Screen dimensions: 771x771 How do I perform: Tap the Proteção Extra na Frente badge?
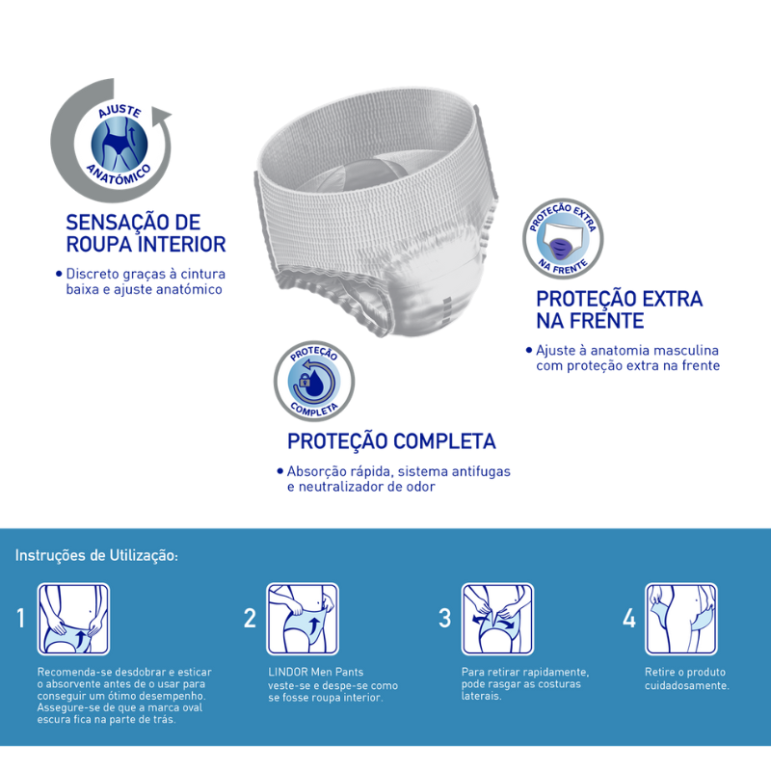[563, 239]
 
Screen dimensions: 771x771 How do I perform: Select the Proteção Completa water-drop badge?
[314, 381]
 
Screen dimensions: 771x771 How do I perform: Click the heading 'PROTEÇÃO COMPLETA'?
[391, 441]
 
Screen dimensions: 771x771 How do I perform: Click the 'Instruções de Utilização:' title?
[96, 556]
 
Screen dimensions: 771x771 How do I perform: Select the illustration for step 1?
[74, 619]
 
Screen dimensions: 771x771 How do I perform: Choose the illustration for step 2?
[303, 619]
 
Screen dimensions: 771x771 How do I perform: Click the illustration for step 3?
[497, 619]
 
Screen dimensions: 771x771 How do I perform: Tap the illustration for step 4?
[681, 619]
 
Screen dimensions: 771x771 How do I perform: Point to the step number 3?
[444, 619]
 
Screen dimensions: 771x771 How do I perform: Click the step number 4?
[629, 619]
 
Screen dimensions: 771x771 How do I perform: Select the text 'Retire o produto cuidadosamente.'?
[687, 678]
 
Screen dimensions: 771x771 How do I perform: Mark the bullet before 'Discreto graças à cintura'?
[59, 274]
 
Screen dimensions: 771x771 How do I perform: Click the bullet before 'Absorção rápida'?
[279, 471]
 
